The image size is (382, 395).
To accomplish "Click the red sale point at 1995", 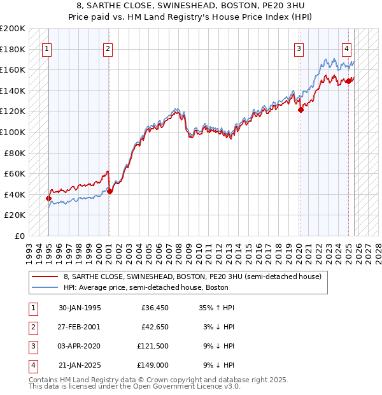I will pyautogui.click(x=48, y=198).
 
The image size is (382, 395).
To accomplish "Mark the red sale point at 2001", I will pyautogui.click(x=110, y=191).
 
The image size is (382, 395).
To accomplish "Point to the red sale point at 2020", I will pyautogui.click(x=301, y=110).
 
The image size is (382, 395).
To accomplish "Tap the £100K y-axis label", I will pyautogui.click(x=13, y=132).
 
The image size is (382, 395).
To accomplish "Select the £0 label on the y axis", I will pyautogui.click(x=19, y=236).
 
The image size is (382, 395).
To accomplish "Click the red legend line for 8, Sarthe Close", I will pyautogui.click(x=45, y=276).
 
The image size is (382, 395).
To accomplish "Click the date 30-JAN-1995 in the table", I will pyautogui.click(x=80, y=308).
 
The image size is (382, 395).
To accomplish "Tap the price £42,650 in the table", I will pyautogui.click(x=153, y=326).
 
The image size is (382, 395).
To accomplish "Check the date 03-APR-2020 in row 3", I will pyautogui.click(x=80, y=346).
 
